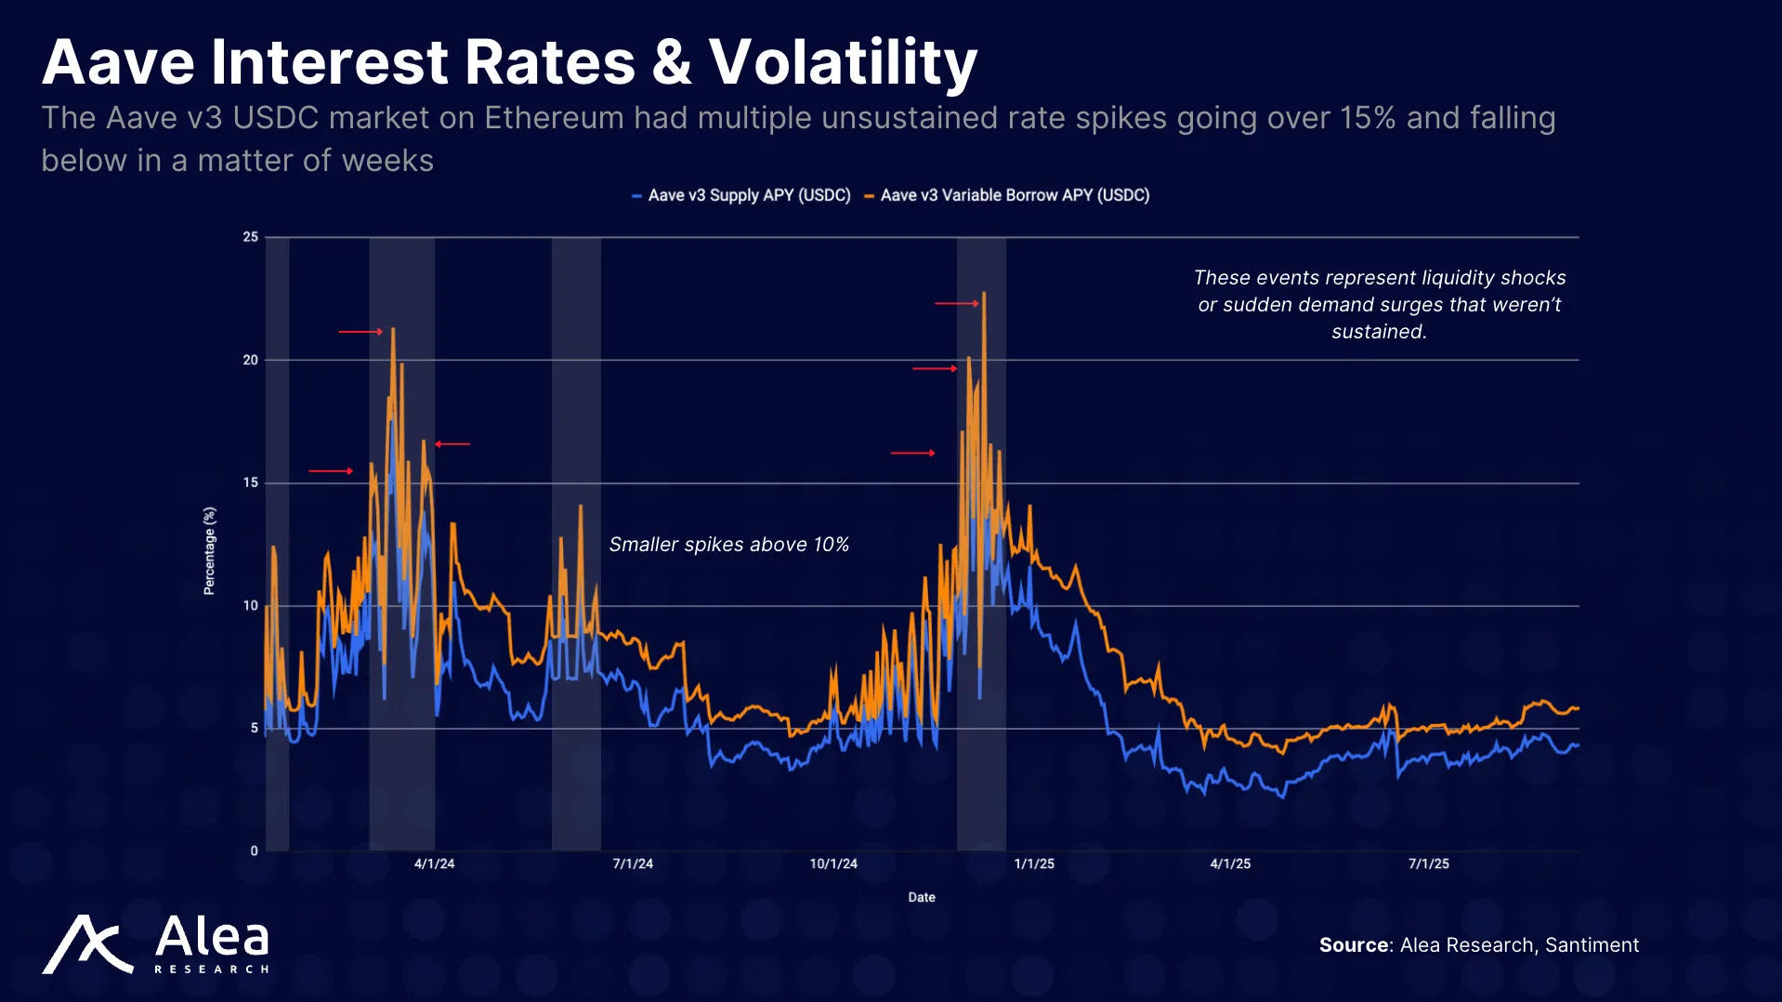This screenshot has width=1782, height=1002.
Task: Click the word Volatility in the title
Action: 843,63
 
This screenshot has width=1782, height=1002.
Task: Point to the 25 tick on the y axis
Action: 251,237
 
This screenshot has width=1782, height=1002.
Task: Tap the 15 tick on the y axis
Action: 251,482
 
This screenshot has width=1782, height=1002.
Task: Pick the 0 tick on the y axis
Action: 254,850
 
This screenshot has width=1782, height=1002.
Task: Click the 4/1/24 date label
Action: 434,864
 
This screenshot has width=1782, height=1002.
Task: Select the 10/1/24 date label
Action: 833,864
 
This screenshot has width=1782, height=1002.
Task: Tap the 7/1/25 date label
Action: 1428,864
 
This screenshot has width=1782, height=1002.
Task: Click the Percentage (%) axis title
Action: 209,550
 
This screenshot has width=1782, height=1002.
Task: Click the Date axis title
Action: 922,897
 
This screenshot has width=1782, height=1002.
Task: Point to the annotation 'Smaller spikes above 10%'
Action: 728,545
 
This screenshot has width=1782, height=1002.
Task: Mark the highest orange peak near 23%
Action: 984,295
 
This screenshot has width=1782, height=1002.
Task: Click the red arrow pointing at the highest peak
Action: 957,303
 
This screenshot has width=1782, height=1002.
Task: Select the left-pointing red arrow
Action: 452,444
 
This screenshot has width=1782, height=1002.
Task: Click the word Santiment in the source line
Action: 1592,945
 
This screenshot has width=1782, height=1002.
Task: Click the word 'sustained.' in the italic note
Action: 1379,332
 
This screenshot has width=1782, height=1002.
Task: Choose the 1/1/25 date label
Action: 1034,864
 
